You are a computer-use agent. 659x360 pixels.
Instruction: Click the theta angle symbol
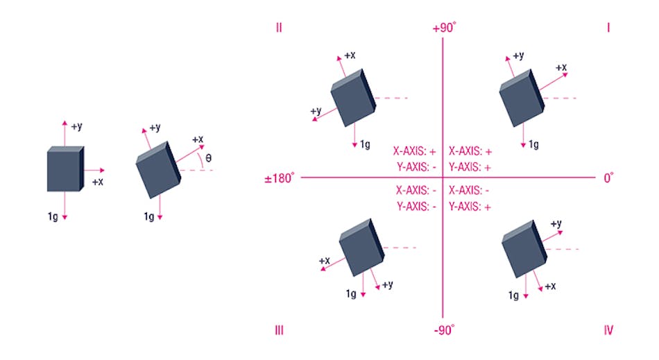coord(209,158)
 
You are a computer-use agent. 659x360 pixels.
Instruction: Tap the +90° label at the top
coord(444,28)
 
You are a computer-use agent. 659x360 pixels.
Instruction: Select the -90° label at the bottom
coord(444,330)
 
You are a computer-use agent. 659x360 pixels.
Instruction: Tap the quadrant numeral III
coord(278,330)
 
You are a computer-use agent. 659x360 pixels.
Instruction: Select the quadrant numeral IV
coord(608,330)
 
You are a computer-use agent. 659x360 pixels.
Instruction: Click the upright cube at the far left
coord(65,169)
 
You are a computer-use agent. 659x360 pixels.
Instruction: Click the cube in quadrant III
coord(361,249)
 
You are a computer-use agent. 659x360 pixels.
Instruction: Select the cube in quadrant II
coord(353,98)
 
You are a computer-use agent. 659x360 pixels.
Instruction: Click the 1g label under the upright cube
coord(53,216)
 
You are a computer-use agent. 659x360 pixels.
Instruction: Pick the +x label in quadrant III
coord(324,261)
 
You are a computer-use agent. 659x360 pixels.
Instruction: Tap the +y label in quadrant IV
coord(556,223)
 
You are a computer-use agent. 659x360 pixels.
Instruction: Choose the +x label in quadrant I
coord(560,67)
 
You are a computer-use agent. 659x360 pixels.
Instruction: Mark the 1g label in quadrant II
coord(364,145)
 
